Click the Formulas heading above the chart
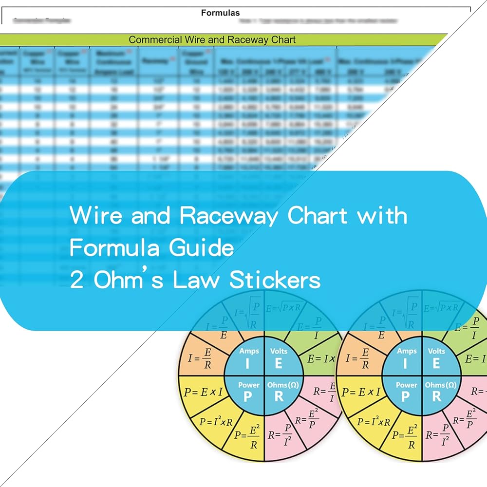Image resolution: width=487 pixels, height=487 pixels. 220,13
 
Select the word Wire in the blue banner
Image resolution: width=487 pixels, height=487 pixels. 95,215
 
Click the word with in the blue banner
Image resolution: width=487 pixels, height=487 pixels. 382,215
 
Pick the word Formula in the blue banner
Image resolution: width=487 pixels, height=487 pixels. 114,248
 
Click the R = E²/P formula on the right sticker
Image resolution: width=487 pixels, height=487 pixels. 464,420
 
